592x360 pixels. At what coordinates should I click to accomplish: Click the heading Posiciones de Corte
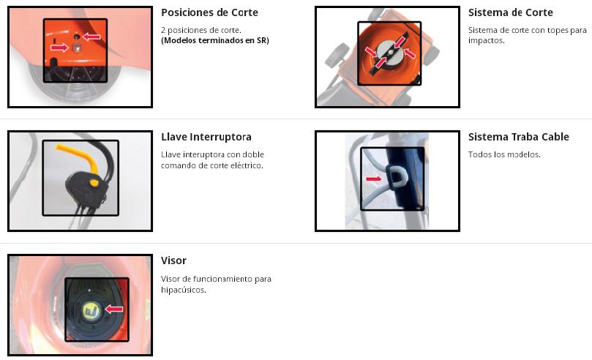209,12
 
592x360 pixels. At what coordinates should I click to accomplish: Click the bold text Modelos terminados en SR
215,40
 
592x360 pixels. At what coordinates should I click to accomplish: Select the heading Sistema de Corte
511,12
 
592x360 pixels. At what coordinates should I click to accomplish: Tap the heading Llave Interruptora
206,137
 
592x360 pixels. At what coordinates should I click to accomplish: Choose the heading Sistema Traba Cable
518,137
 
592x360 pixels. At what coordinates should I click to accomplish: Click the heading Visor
173,260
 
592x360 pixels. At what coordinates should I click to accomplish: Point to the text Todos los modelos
504,154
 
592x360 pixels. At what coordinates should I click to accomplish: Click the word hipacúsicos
184,290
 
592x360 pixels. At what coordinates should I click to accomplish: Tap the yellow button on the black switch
94,183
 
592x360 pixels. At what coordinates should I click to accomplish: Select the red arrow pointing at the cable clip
373,179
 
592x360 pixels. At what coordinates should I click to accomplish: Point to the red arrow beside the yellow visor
113,309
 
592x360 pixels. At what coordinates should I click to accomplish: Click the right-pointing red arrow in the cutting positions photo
59,48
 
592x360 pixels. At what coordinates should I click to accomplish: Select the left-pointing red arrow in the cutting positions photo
91,37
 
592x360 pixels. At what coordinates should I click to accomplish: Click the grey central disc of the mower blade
389,55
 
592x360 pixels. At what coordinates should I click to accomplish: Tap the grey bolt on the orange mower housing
77,47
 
